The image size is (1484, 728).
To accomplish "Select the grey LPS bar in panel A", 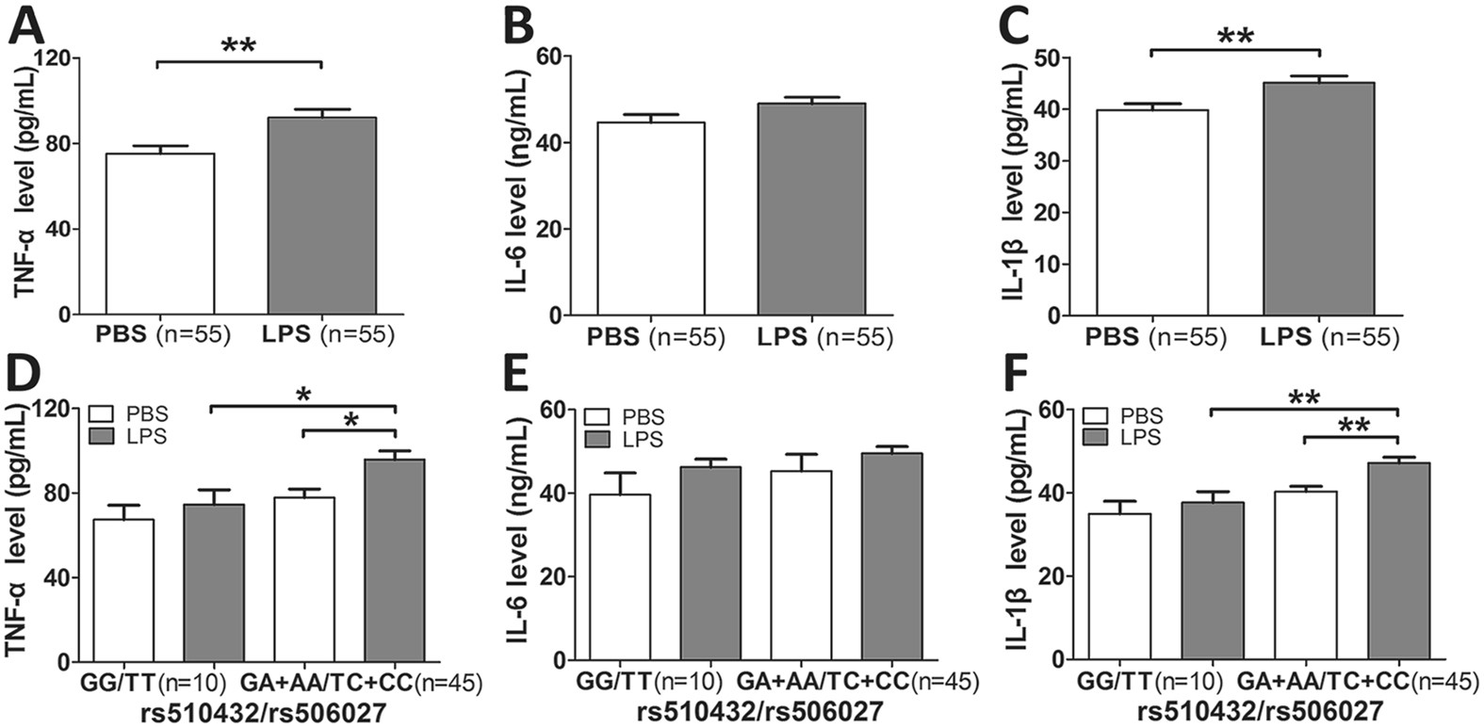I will (321, 216).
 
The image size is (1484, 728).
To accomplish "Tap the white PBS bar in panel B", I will (650, 218).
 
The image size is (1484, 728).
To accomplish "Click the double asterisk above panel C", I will (1235, 36).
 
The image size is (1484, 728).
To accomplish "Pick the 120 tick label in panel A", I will (55, 58).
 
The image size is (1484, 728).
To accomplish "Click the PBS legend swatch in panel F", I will (1096, 415).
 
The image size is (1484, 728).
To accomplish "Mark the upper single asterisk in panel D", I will (302, 395).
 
